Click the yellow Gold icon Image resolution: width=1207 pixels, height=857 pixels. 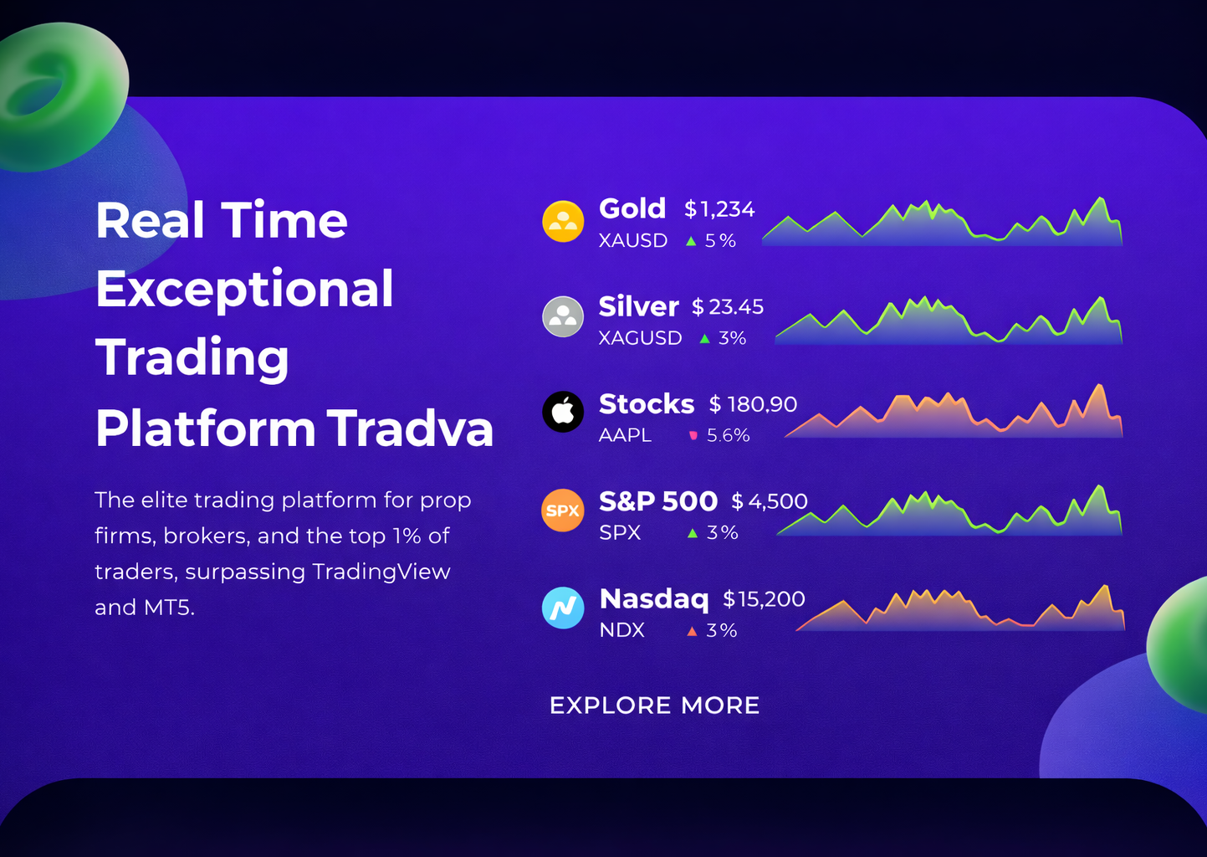pos(563,221)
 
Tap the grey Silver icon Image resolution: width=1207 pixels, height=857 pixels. pos(563,316)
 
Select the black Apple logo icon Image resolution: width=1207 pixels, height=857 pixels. pos(563,412)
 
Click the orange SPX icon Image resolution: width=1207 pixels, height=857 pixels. pos(563,510)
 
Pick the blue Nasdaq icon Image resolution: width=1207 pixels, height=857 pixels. pos(563,608)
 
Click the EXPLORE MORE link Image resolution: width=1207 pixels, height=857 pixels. pos(655,705)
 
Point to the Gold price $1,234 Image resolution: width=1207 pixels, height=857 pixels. pos(719,209)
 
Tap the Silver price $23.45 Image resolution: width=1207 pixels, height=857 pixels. pos(728,306)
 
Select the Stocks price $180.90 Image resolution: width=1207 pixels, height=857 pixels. pos(753,404)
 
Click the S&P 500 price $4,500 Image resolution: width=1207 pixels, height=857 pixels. pos(770,501)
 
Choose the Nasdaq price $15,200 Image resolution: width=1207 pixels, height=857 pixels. pos(764,599)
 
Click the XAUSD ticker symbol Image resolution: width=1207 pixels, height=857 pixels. pos(633,240)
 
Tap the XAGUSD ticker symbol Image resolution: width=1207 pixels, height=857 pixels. pos(640,338)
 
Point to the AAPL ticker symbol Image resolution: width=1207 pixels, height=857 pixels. pos(625,435)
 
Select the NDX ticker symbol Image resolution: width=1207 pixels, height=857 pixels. pos(621,630)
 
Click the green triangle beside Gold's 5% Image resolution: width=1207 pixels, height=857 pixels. pos(691,242)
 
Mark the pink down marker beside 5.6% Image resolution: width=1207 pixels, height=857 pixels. pos(693,435)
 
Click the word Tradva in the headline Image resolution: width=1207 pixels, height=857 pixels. pos(410,429)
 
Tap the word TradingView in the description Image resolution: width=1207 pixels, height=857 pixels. pos(381,572)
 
